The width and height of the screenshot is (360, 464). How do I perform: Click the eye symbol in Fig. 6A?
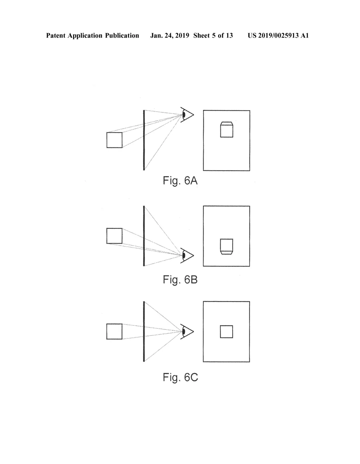pyautogui.click(x=187, y=115)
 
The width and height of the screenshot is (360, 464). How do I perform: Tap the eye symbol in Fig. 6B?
pyautogui.click(x=187, y=255)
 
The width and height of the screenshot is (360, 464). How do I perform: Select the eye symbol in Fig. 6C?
pyautogui.click(x=187, y=331)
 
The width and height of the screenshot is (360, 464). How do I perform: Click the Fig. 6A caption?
pyautogui.click(x=180, y=181)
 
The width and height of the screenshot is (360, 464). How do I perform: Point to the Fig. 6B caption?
pyautogui.click(x=180, y=280)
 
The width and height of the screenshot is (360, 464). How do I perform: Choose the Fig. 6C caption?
pyautogui.click(x=180, y=377)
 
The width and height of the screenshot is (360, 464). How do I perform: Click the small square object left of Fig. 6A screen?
pyautogui.click(x=115, y=140)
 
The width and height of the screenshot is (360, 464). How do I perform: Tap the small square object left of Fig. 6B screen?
pyautogui.click(x=115, y=236)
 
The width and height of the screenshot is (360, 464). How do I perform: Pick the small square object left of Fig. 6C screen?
pyautogui.click(x=115, y=331)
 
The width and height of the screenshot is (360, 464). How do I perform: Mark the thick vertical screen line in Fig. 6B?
pyautogui.click(x=144, y=236)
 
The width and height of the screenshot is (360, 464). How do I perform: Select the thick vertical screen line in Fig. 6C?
pyautogui.click(x=144, y=331)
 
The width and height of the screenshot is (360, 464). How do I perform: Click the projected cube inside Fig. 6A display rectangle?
pyautogui.click(x=226, y=129)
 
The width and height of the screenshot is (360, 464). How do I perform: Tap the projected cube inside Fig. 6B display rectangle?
pyautogui.click(x=226, y=246)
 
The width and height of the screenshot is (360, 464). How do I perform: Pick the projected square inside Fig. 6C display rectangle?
pyautogui.click(x=226, y=331)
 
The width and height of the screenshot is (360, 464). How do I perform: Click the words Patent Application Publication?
pyautogui.click(x=92, y=36)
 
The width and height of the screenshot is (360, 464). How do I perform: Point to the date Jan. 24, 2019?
pyautogui.click(x=169, y=36)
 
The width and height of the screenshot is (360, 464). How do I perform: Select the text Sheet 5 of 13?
pyautogui.click(x=213, y=36)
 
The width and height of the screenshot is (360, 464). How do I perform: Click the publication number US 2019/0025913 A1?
pyautogui.click(x=278, y=36)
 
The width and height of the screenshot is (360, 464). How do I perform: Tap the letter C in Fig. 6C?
pyautogui.click(x=194, y=377)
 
